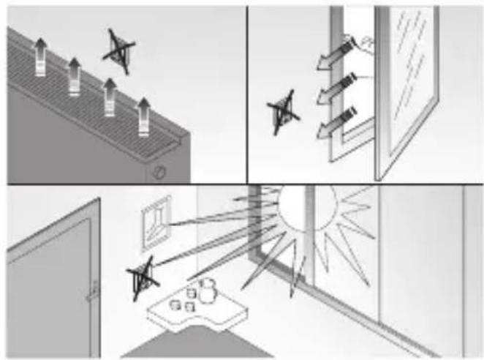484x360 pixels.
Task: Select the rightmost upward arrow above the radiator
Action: point(144,116)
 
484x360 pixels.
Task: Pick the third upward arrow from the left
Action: point(110,95)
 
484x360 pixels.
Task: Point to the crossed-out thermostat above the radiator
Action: point(118,51)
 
